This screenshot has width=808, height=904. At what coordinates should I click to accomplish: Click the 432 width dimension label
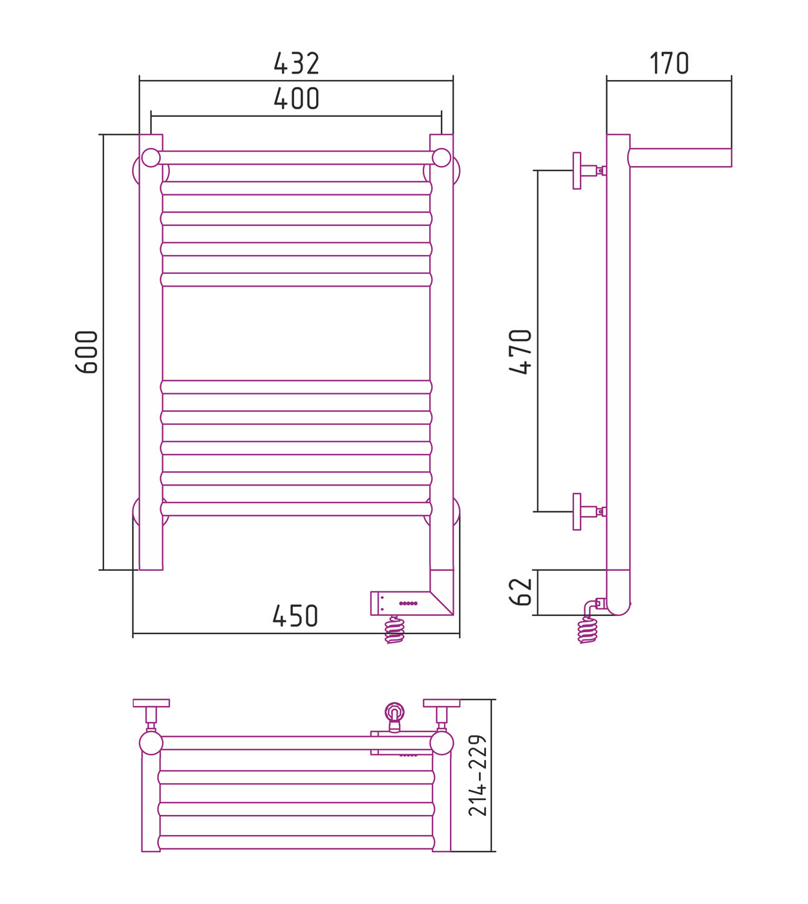tap(296, 63)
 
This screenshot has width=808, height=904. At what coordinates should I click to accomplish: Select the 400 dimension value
tap(296, 99)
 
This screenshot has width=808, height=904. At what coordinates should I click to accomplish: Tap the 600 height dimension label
tap(87, 352)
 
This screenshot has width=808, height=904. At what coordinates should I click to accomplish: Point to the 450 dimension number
tap(295, 616)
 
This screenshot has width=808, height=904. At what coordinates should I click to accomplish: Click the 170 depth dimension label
tap(669, 63)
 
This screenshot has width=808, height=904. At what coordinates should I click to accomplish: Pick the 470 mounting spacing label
tap(520, 352)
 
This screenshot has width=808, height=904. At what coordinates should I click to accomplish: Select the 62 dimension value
tap(520, 592)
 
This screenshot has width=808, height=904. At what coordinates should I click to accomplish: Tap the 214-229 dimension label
tap(478, 776)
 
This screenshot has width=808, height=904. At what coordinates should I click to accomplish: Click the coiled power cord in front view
tap(394, 629)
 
